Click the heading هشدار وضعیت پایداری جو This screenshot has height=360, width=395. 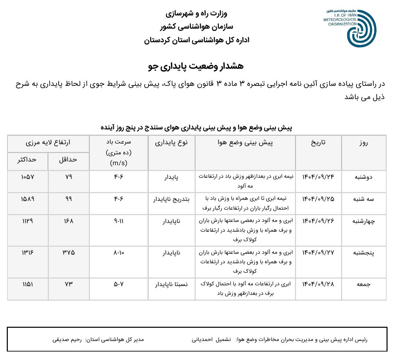[x=196, y=66]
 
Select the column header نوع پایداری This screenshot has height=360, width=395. [x=171, y=143]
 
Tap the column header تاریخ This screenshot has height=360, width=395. [x=318, y=143]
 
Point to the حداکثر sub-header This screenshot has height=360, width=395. [x=27, y=160]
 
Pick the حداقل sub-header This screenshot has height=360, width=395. [x=68, y=160]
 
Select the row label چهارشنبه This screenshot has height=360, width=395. [x=363, y=222]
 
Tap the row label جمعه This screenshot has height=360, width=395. [x=363, y=284]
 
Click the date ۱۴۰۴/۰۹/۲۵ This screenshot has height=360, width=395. [x=318, y=199]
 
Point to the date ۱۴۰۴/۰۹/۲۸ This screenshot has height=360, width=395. [x=318, y=284]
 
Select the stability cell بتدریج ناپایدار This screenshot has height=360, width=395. [x=171, y=199]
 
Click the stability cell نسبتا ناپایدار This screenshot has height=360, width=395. [x=171, y=284]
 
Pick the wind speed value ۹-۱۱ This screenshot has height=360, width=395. [x=119, y=221]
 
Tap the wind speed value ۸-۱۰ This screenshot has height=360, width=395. [x=119, y=253]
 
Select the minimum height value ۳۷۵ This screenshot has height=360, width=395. [x=68, y=253]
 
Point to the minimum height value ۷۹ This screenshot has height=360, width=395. [x=68, y=177]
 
